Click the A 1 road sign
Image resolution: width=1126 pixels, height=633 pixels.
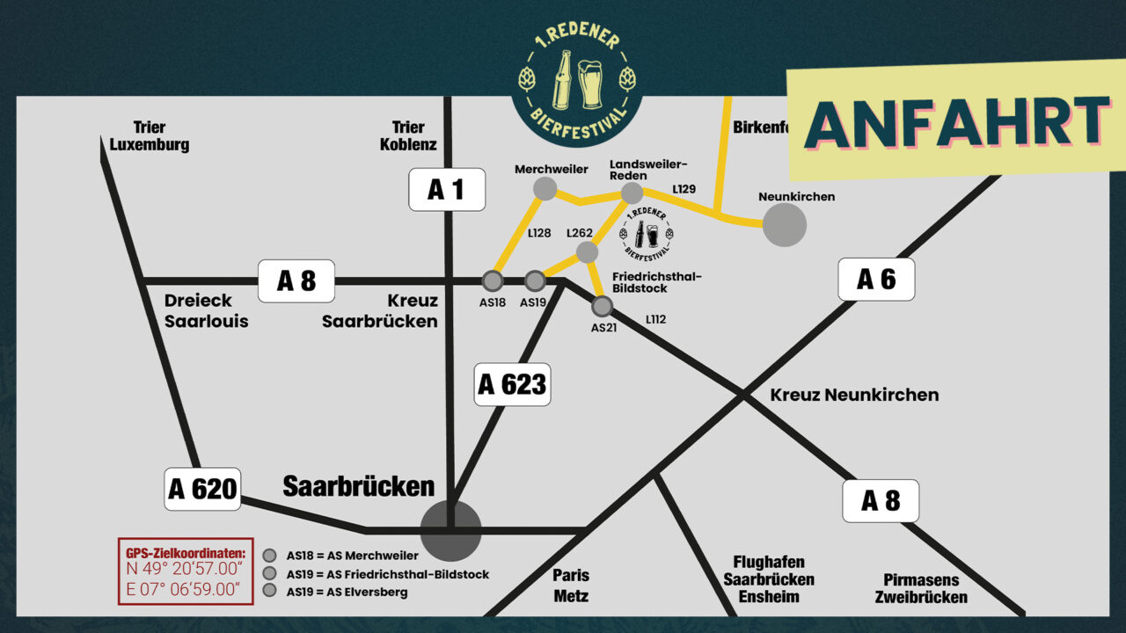pos(447,189)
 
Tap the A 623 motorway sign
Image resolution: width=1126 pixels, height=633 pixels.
pos(512,384)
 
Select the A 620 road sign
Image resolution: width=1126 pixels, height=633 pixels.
pos(202,489)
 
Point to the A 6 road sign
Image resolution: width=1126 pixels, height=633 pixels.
pos(876,280)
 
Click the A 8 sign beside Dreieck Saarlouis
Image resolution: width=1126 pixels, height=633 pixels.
pos(296,281)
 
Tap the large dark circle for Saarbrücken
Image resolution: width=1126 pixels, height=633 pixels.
pos(450,530)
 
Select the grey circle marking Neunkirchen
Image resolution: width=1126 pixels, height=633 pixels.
pos(784,225)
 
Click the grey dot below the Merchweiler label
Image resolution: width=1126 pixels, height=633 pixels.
pos(545,188)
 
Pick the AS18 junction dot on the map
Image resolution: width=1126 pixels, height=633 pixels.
pos(493,281)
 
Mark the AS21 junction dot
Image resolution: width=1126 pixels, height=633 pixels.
pos(602,306)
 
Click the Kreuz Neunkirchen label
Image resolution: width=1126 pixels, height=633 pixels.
pos(854,395)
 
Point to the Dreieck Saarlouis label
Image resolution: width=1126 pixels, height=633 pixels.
pos(206,310)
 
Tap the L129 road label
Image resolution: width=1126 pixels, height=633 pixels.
pos(684,189)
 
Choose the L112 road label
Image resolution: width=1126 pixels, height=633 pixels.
pos(655,319)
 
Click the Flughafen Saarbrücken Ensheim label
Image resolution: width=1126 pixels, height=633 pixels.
pos(769,579)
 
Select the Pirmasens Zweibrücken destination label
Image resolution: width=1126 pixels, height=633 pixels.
pos(921,589)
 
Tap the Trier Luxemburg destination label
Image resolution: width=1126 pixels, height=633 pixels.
pos(150,136)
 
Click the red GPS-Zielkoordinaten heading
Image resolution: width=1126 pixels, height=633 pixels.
pos(186,553)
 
